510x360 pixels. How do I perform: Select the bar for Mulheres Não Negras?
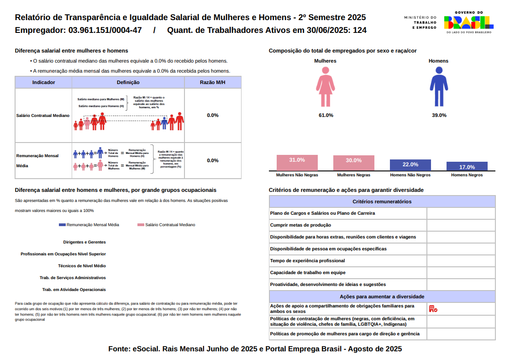point(297,163)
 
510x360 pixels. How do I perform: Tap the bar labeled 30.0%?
point(354,163)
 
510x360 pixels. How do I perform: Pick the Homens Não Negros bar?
point(410,165)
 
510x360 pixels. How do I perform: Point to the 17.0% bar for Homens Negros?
point(467,167)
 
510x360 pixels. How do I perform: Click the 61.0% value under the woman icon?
point(326,115)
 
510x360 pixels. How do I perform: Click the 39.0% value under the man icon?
point(439,115)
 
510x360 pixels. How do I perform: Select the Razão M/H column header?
point(213,82)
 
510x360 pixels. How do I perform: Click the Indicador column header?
point(44,82)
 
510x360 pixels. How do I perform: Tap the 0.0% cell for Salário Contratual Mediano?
point(213,115)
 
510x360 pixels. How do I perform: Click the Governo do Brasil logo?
point(468,22)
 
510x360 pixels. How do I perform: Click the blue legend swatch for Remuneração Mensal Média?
point(63,225)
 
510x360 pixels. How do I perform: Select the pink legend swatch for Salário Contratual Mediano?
point(141,225)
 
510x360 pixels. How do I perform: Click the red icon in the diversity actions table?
point(433,309)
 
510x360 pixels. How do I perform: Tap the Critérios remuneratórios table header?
point(382,201)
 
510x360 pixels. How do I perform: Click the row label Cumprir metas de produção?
point(300,225)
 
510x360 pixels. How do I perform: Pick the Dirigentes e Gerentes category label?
point(84,242)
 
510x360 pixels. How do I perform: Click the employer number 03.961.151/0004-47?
point(105,31)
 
